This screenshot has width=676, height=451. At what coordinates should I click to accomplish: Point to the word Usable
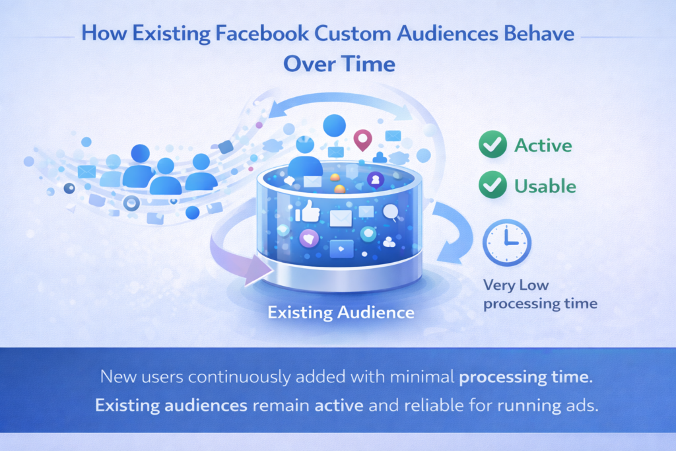click(545, 186)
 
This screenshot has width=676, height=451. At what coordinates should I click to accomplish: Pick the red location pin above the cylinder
click(362, 140)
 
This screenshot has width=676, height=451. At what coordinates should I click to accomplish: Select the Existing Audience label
click(341, 312)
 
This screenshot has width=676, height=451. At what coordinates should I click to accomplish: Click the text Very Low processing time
click(540, 295)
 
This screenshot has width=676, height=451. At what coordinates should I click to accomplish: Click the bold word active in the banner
click(339, 404)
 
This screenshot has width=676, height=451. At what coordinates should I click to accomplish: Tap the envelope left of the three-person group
click(86, 172)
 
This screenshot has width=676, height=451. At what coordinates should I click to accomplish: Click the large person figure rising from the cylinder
click(305, 158)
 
